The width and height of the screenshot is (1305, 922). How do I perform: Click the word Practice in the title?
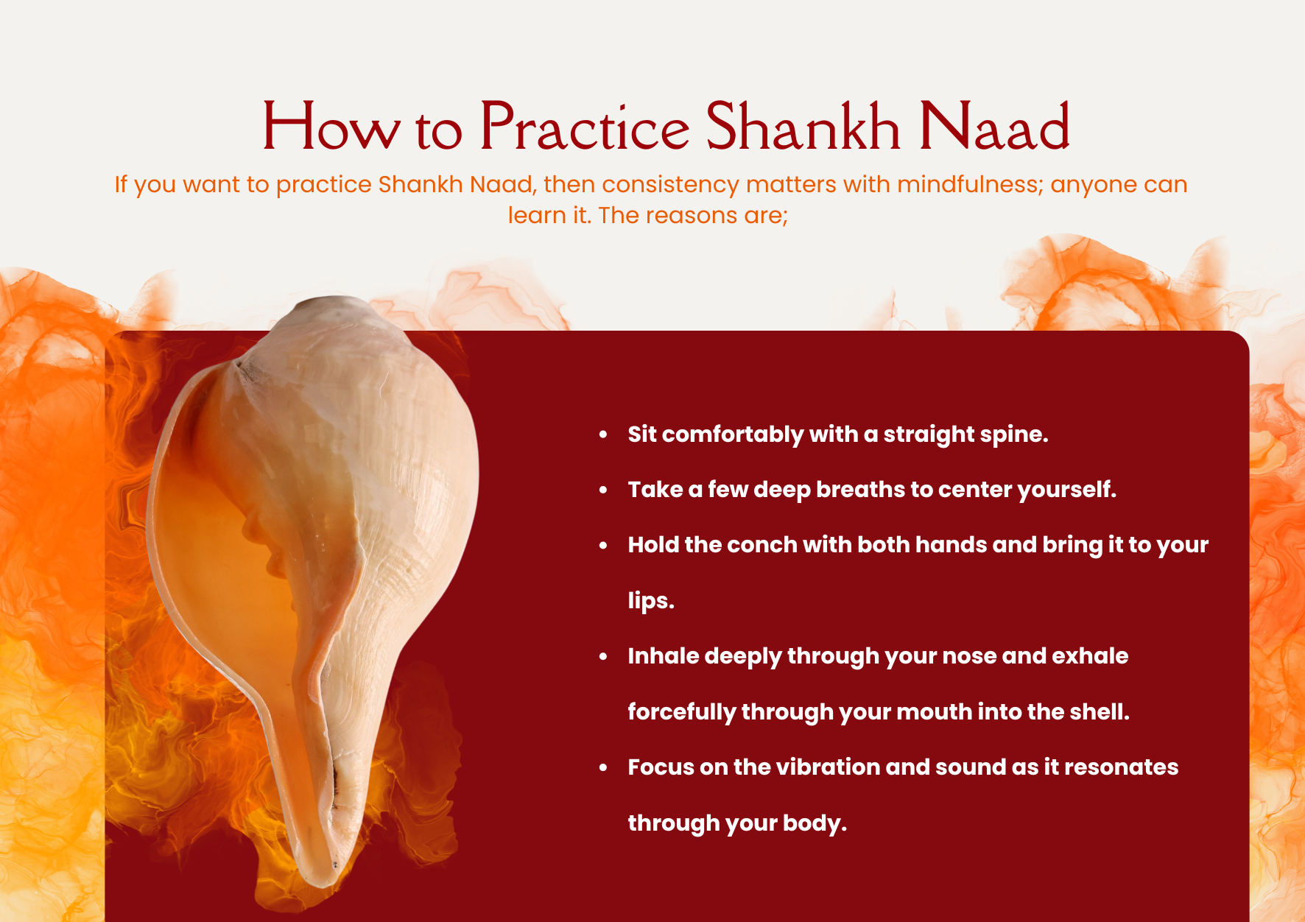point(585,126)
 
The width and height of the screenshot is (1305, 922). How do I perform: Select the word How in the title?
point(331,126)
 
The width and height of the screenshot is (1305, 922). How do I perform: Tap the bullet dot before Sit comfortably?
point(603,434)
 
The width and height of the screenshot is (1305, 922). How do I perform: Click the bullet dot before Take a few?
point(603,490)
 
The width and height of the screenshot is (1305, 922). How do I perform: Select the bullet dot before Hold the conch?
point(603,546)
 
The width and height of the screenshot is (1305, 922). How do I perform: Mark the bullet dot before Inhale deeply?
point(603,656)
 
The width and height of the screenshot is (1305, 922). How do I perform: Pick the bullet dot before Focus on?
point(603,767)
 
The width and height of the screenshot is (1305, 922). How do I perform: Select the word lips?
point(651,601)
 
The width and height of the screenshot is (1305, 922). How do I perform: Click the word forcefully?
point(682,712)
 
